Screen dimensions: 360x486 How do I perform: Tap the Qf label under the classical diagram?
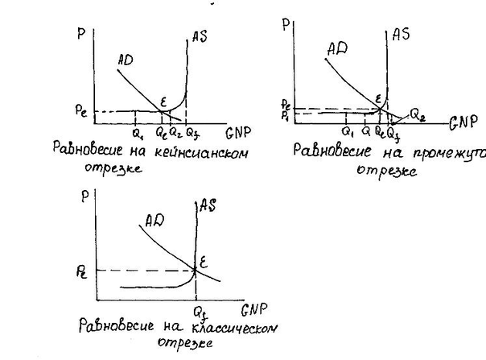[197, 310]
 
